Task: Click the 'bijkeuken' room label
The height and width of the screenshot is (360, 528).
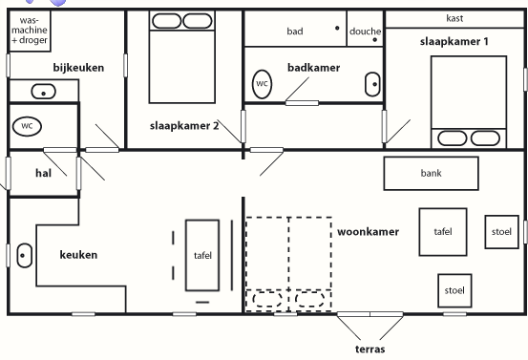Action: pos(78,68)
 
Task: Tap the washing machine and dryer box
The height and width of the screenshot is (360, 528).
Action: pos(30,31)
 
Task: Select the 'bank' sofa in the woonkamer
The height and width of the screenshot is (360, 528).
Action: pos(431,174)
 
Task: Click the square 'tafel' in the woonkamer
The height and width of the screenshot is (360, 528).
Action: pos(443,232)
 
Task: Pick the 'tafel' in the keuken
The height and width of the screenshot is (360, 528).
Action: pos(202,255)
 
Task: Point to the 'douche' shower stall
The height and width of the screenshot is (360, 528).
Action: pos(365,29)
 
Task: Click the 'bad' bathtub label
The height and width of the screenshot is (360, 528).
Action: pos(295,32)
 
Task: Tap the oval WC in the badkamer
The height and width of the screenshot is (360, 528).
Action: pos(262,84)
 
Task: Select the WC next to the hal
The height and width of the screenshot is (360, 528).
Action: pos(27,126)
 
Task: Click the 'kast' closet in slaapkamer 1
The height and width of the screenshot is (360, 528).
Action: pos(454,19)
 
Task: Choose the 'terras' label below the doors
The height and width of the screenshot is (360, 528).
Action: pos(370,349)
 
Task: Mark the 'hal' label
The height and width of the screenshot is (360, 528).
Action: pos(43,173)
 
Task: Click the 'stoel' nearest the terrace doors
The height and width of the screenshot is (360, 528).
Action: pos(454,290)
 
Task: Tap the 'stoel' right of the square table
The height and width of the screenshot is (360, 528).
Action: pos(501,232)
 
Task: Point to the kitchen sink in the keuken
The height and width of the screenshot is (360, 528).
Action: pos(24,255)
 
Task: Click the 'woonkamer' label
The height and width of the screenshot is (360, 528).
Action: pos(368,232)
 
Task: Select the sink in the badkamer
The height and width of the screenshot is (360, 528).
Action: pos(372,84)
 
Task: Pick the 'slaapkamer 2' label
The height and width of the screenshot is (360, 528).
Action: pos(184,126)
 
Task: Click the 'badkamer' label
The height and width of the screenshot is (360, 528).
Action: pos(313,68)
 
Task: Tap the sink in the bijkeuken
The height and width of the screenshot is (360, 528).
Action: pos(43,92)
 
